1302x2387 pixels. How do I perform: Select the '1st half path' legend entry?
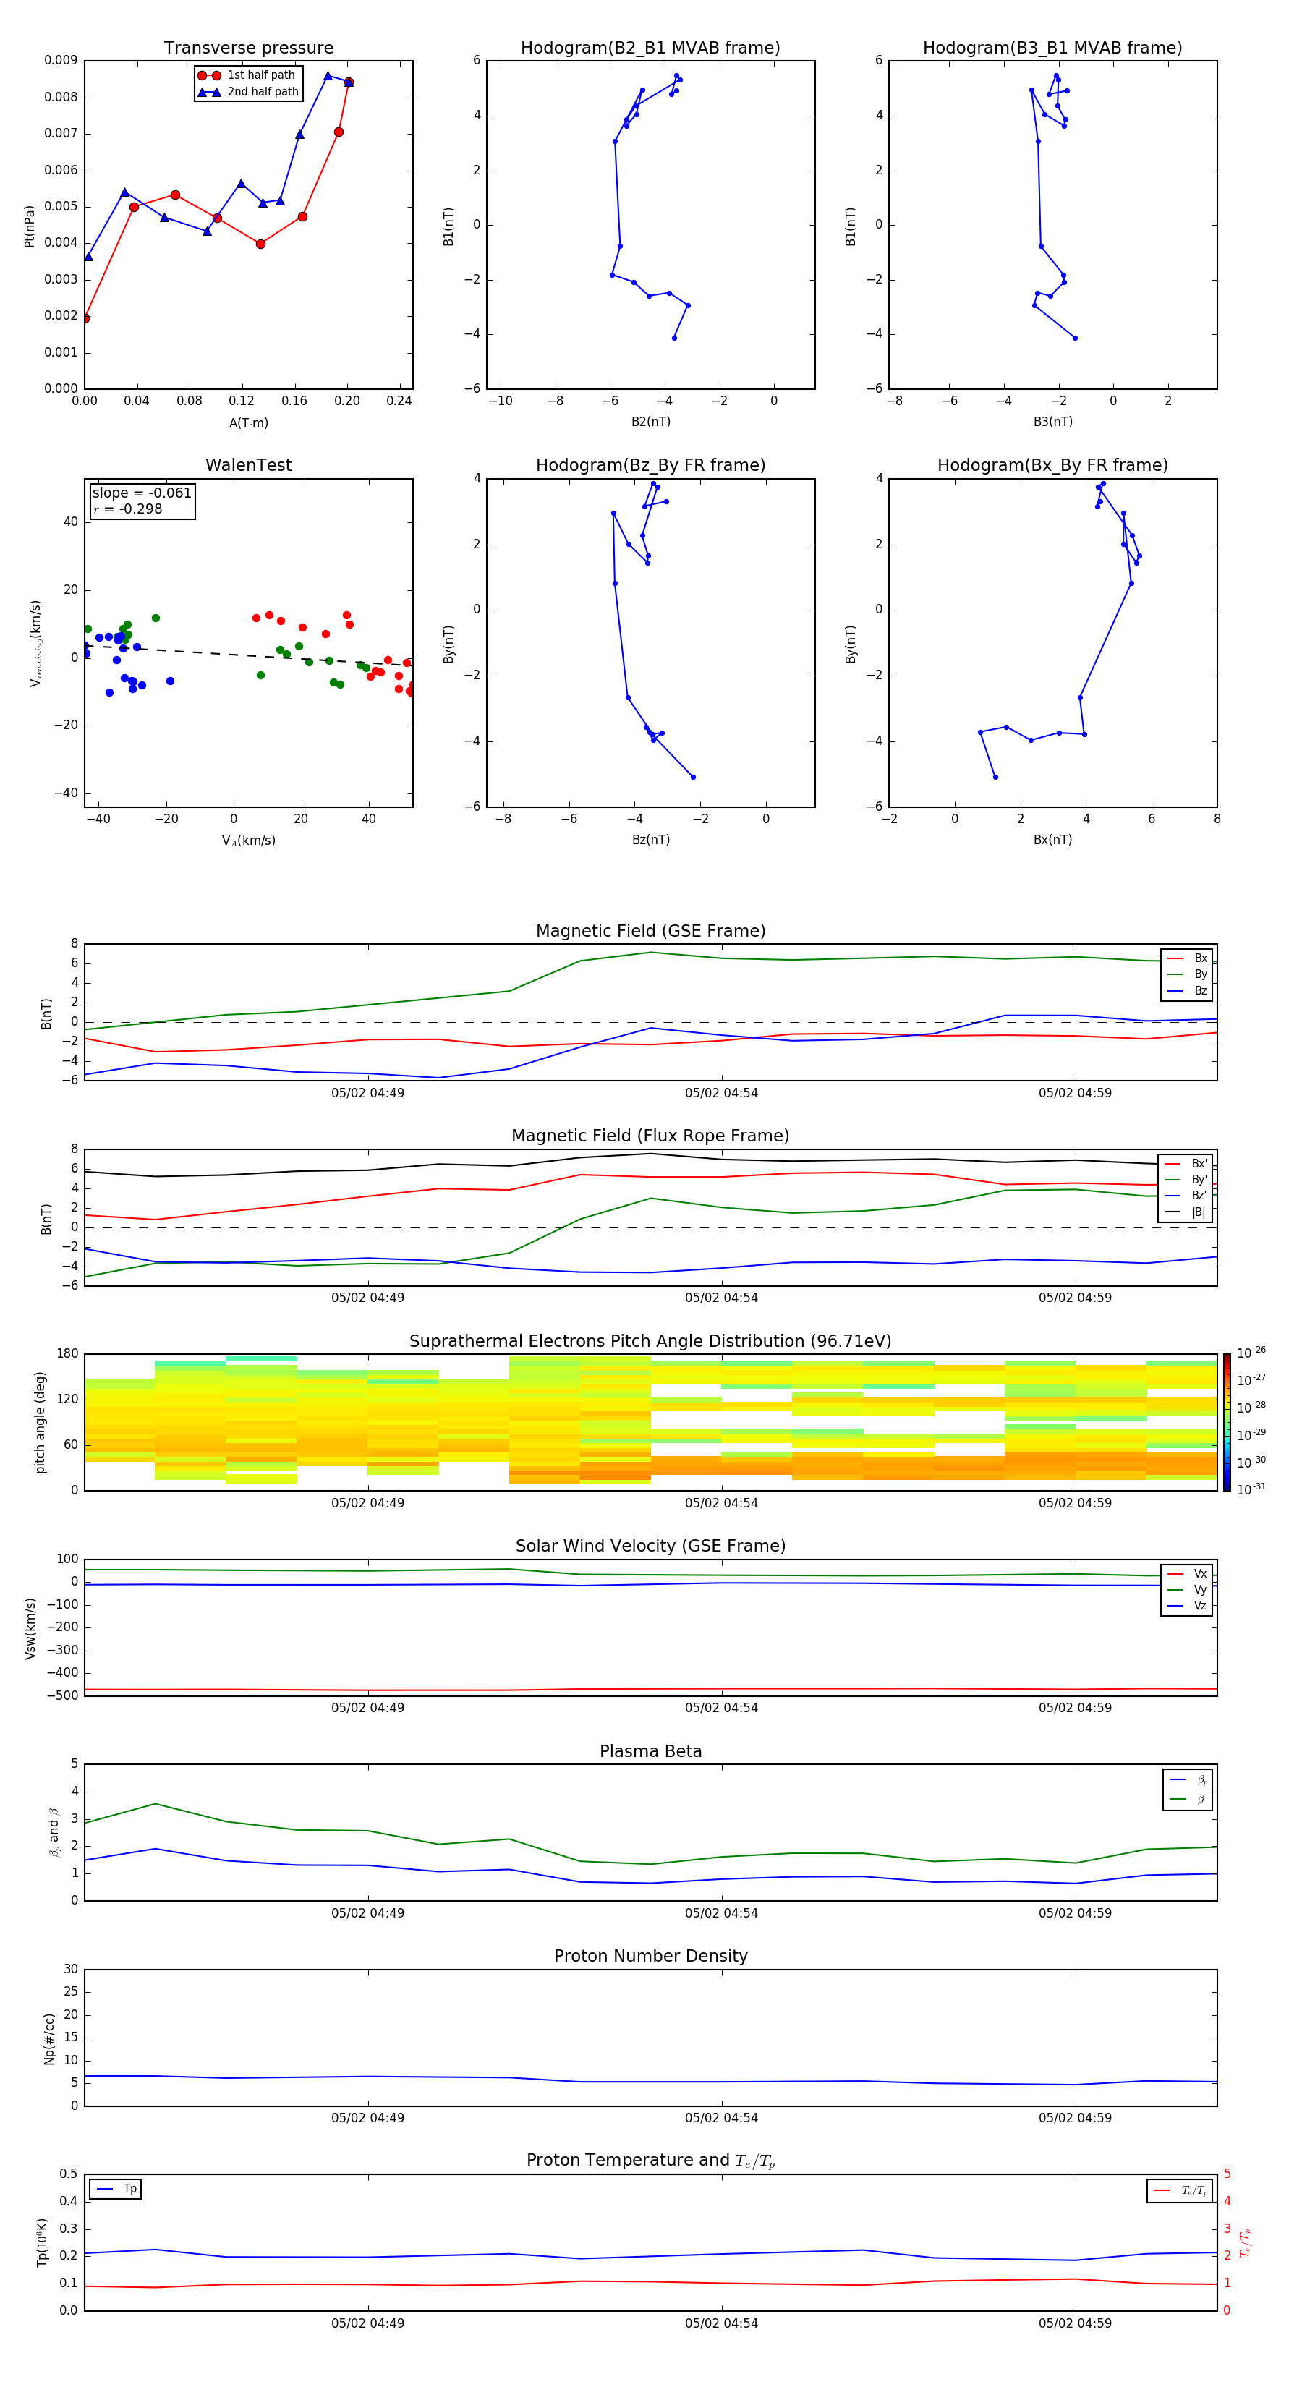click(x=260, y=75)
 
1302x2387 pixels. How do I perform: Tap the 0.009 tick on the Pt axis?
click(x=61, y=60)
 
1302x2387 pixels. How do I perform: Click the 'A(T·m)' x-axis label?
click(x=248, y=422)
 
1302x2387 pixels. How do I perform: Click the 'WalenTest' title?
click(x=248, y=465)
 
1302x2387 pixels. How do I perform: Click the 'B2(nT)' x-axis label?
click(x=650, y=422)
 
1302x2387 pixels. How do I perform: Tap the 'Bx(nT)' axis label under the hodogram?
click(x=1052, y=840)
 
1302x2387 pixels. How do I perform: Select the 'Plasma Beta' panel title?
click(x=650, y=1751)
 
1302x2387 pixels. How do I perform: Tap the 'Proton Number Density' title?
click(x=650, y=1956)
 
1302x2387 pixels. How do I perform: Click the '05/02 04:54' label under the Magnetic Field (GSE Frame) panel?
click(x=721, y=1094)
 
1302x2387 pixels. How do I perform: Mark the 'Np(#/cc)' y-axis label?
click(x=50, y=2038)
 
